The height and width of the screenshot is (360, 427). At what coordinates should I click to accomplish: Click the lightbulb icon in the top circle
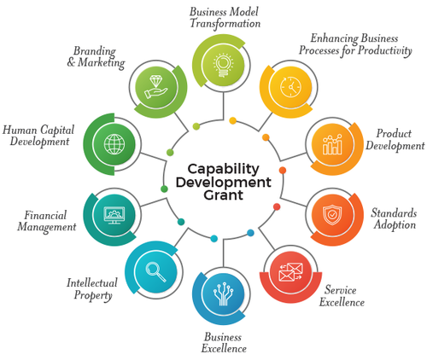click(223, 65)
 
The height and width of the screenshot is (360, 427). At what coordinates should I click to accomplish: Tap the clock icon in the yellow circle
click(290, 86)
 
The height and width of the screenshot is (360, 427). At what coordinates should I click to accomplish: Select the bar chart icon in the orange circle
click(332, 144)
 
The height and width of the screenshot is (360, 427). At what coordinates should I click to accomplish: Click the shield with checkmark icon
click(332, 215)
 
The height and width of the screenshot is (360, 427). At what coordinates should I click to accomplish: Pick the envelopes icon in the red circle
click(290, 272)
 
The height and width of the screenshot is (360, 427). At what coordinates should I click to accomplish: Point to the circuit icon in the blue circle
click(223, 294)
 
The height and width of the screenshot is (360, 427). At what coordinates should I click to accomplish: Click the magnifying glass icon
click(155, 271)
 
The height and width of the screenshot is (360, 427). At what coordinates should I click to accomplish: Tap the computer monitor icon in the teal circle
click(114, 215)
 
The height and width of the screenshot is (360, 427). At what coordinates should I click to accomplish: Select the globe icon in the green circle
click(114, 144)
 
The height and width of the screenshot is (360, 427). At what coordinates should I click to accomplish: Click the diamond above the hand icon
click(155, 81)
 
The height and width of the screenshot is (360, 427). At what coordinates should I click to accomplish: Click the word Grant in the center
click(224, 195)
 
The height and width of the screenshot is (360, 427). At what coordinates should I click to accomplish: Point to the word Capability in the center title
click(224, 169)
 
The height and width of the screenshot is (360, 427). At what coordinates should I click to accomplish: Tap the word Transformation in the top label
click(225, 23)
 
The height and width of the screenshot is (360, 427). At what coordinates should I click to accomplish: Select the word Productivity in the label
click(384, 50)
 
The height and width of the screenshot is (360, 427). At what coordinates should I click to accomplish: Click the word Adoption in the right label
click(395, 224)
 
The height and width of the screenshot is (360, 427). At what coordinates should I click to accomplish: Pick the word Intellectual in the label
click(92, 282)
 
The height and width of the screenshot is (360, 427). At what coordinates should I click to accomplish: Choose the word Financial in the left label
click(45, 215)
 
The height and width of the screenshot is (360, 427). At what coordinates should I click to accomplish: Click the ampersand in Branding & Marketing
click(71, 62)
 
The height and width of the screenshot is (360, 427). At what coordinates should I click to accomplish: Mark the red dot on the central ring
click(277, 206)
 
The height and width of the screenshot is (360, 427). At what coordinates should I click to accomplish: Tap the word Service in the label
click(341, 290)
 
